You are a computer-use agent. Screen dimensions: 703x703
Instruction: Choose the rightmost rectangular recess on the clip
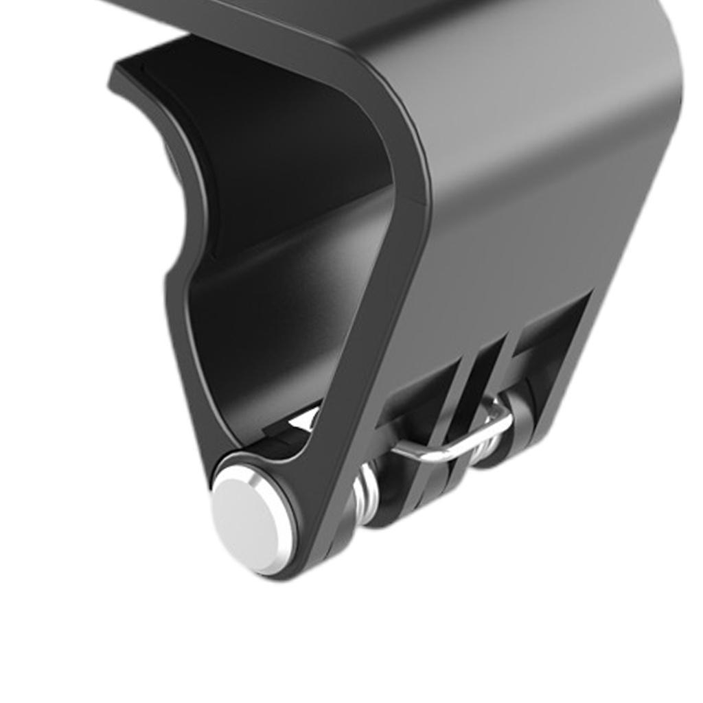tap(549, 336)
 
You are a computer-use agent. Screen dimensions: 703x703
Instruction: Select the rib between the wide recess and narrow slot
tap(467, 384)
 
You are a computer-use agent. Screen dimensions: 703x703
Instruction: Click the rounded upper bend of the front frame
tap(384, 89)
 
